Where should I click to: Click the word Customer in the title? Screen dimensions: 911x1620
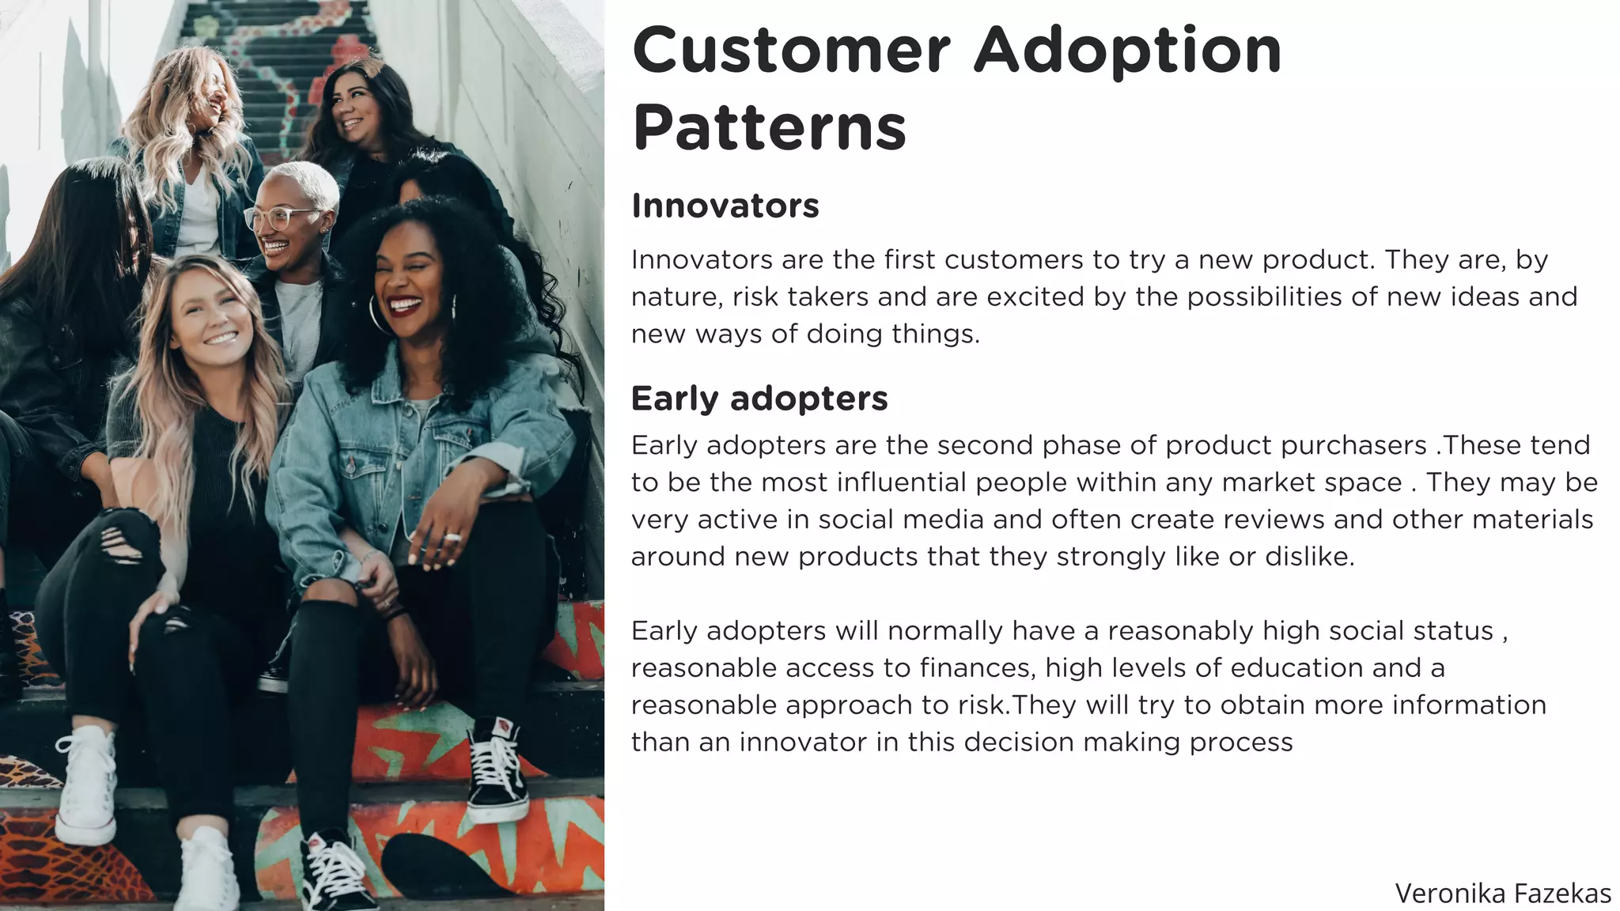[x=791, y=51]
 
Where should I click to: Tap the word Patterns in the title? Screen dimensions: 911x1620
[x=769, y=128]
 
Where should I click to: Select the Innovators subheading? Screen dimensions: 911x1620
[x=725, y=206]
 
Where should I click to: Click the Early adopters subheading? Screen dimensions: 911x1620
[x=759, y=399]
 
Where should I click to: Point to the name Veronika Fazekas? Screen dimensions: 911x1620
[x=1502, y=894]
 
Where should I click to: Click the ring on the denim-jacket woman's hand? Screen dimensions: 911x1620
[x=452, y=538]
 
